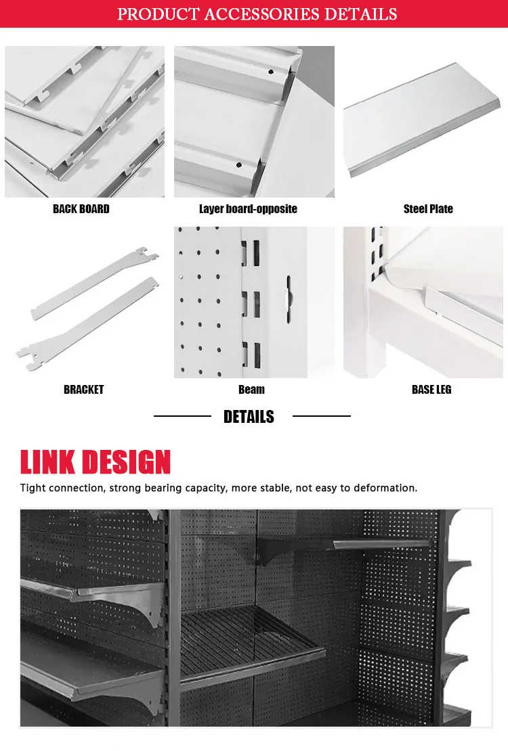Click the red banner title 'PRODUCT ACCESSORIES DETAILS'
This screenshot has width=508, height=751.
pos(257,14)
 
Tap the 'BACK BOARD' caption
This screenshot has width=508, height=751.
pos(81,209)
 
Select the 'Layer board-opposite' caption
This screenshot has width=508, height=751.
pos(248,209)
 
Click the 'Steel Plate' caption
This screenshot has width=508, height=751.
pos(428,209)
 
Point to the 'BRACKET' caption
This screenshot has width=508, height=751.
pos(83,390)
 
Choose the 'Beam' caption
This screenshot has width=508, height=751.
pos(251,390)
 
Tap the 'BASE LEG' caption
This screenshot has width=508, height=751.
pos(431,390)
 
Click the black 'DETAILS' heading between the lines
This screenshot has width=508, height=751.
pos(249,417)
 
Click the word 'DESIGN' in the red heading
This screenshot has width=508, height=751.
pos(133,462)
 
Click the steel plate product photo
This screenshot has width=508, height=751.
pos(423,122)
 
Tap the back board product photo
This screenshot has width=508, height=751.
pos(85,122)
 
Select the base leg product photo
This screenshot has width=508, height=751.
pos(423,302)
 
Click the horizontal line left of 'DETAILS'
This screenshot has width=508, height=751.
pos(182,416)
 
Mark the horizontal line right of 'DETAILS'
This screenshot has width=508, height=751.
pos(321,416)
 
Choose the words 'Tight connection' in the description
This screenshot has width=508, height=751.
pos(61,488)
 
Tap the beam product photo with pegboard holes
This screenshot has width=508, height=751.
pos(254,302)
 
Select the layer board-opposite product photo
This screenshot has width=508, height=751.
pos(254,122)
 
